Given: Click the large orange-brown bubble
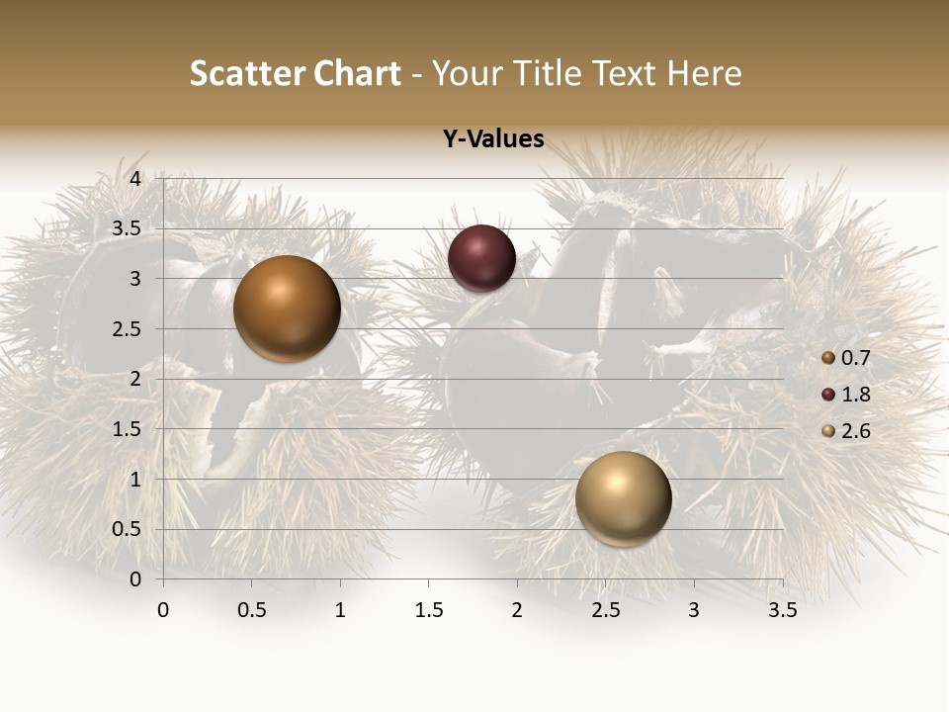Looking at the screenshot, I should point(287,309).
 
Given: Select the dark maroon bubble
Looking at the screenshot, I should point(481,259).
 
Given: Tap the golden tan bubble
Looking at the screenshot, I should point(623,498).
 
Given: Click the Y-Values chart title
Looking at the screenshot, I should point(493,139).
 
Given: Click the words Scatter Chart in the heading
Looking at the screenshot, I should point(295,73).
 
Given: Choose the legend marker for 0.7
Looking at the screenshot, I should point(828,358).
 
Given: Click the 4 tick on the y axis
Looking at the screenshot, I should point(136,178).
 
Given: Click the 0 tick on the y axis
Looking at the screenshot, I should point(136,578).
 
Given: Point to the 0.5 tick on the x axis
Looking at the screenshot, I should point(252,610).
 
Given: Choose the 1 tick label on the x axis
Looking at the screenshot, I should point(340,610).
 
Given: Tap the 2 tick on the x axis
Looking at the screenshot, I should point(517,610).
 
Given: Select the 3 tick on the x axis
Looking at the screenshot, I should point(694,610).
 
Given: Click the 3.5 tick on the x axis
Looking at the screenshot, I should point(782,610).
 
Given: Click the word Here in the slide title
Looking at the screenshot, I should point(704,73).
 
